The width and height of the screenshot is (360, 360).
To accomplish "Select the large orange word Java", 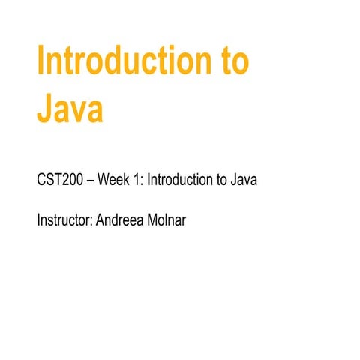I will [69, 109].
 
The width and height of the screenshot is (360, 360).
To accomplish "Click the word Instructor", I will [64, 222].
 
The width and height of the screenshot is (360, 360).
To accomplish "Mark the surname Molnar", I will [166, 222].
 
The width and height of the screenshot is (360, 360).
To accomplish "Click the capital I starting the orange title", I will [41, 62].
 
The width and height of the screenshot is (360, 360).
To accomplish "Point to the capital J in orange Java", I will [45, 109].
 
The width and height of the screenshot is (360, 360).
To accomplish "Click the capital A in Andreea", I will [101, 222].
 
